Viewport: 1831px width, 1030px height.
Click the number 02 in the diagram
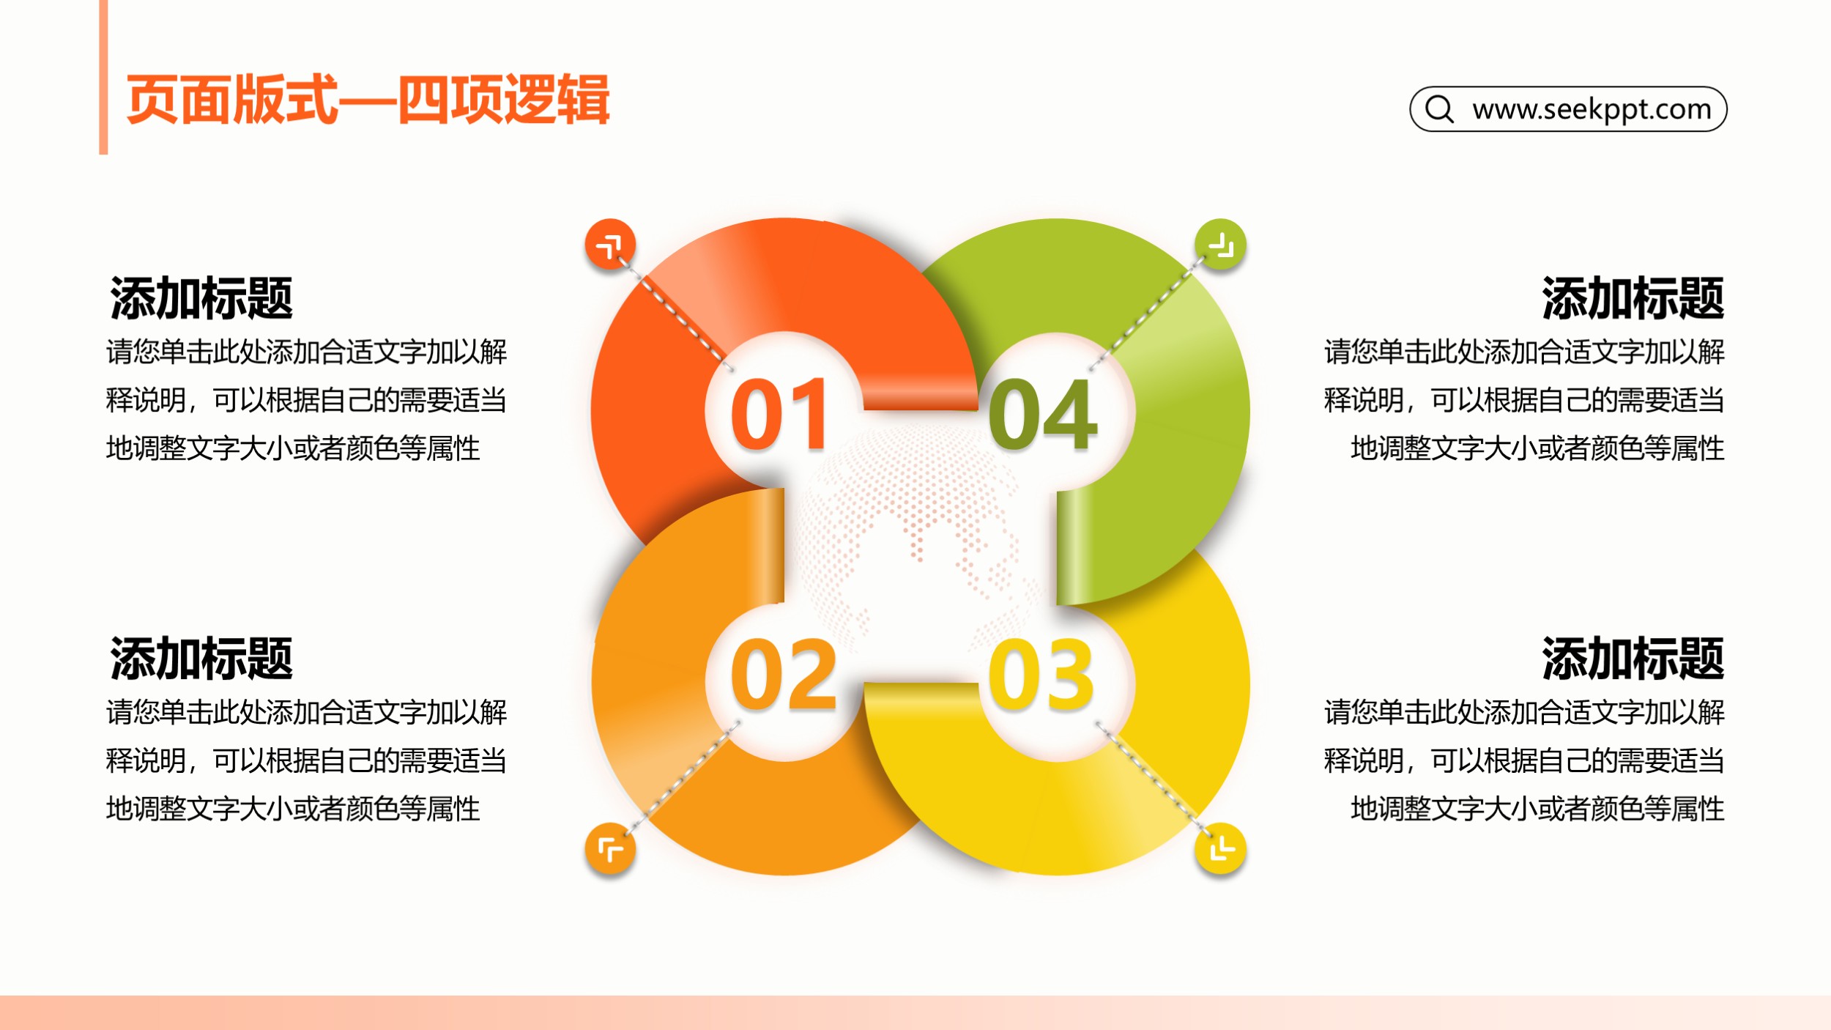click(783, 674)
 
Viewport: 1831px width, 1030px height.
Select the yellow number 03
click(1041, 674)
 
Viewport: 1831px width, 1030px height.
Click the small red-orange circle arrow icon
click(610, 244)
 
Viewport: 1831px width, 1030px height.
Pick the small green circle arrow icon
click(1220, 244)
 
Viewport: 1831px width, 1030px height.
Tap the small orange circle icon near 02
click(610, 849)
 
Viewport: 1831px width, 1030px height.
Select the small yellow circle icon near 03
click(1220, 849)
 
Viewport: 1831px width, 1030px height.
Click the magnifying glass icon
click(1440, 109)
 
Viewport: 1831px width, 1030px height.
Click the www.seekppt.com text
click(1592, 109)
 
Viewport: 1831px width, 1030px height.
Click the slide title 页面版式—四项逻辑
click(368, 100)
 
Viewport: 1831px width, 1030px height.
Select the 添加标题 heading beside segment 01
click(201, 298)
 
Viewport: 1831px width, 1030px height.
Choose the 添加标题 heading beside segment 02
click(201, 659)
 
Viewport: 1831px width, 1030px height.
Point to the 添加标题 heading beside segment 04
click(1633, 298)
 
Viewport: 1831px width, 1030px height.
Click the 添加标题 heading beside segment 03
click(1633, 659)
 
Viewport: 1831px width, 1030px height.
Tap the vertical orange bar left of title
click(103, 77)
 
